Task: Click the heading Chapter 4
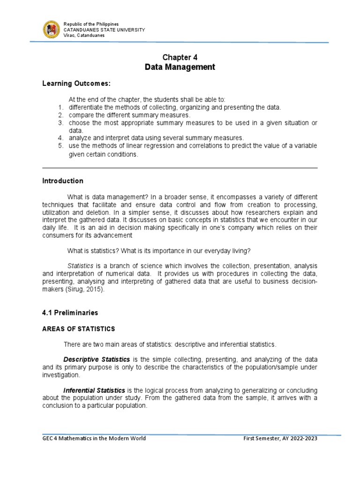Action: click(x=180, y=57)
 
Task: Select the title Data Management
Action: click(x=180, y=67)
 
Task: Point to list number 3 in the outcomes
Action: click(x=60, y=123)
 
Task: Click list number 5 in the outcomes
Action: click(x=60, y=146)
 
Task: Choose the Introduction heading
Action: click(x=63, y=181)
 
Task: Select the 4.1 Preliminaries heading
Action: click(x=70, y=312)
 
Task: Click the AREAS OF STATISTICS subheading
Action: click(x=78, y=329)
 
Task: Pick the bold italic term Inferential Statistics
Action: click(x=94, y=390)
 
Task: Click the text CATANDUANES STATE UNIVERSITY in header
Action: click(x=104, y=30)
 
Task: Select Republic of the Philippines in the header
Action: click(x=91, y=24)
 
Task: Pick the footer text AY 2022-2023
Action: click(x=303, y=438)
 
